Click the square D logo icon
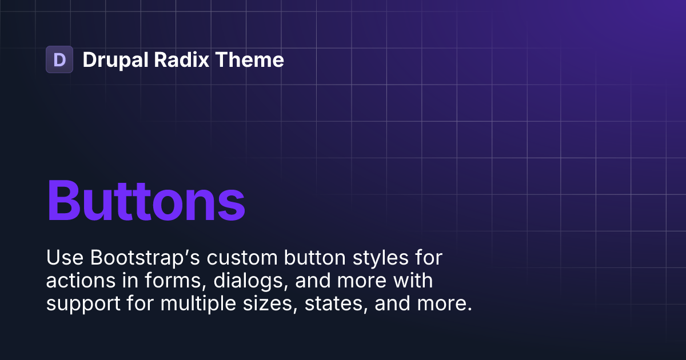[59, 59]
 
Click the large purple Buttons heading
[146, 201]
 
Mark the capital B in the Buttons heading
[64, 201]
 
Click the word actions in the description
[79, 281]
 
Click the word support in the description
[80, 304]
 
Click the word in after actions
[122, 281]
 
